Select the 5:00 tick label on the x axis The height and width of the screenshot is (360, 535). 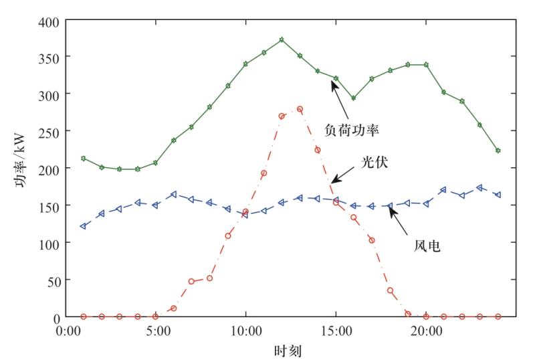coord(155,331)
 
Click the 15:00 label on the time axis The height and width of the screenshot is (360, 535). coord(336,331)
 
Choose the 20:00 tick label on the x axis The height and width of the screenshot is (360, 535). coord(426,331)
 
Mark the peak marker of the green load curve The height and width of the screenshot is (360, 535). coord(282,40)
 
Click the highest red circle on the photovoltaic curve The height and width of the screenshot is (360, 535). coord(300,109)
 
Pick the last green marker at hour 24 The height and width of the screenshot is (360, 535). coord(498,151)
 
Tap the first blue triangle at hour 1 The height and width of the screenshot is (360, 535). coord(83,226)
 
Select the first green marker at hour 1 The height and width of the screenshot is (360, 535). coord(83,159)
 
